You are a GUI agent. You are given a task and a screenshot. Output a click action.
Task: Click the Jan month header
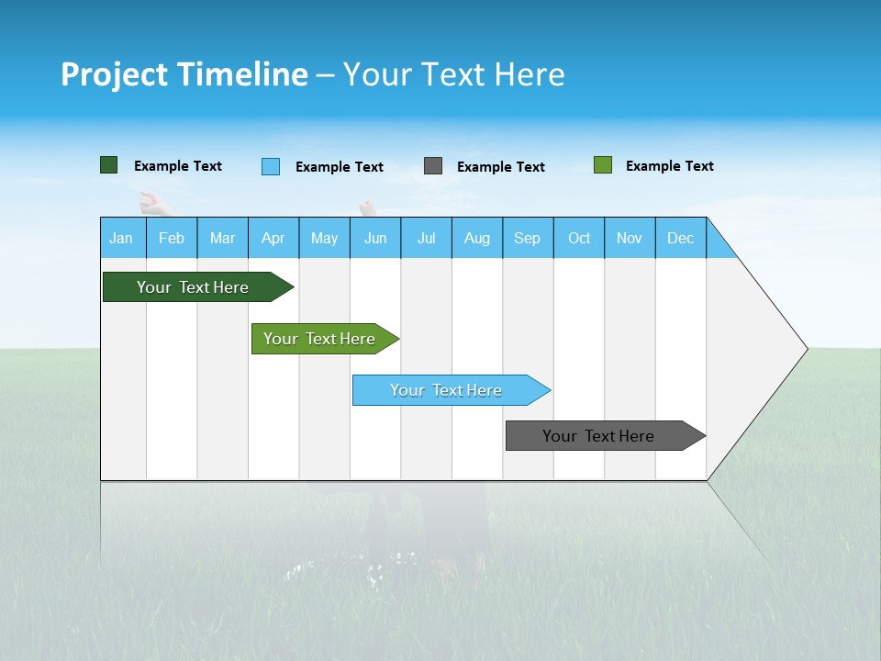[x=122, y=238]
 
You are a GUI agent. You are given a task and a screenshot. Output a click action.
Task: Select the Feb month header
[x=172, y=238]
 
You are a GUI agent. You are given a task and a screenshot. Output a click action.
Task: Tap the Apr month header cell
[x=273, y=238]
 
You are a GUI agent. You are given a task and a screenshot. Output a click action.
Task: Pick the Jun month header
[x=375, y=238]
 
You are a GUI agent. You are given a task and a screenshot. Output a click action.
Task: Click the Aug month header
[x=477, y=238]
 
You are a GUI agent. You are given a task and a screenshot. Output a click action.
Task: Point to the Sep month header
[x=528, y=238]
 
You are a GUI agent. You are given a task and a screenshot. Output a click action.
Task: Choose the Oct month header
[x=579, y=238]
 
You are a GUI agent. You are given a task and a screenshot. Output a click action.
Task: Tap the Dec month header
[x=681, y=238]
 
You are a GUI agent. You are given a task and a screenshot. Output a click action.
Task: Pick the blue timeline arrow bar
[x=447, y=390]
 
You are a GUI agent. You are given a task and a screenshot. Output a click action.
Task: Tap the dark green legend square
[x=109, y=165]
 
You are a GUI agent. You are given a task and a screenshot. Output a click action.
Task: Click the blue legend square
[x=271, y=166]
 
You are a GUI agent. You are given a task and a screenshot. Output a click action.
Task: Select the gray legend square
[x=433, y=166]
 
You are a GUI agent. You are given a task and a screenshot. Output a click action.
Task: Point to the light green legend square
[x=603, y=165]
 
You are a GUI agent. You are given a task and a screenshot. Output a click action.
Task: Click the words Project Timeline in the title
[x=184, y=74]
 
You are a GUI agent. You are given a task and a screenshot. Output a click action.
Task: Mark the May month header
[x=324, y=238]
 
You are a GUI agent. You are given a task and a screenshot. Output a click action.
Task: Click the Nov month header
[x=630, y=238]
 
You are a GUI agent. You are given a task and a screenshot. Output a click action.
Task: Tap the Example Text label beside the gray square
[x=501, y=167]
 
